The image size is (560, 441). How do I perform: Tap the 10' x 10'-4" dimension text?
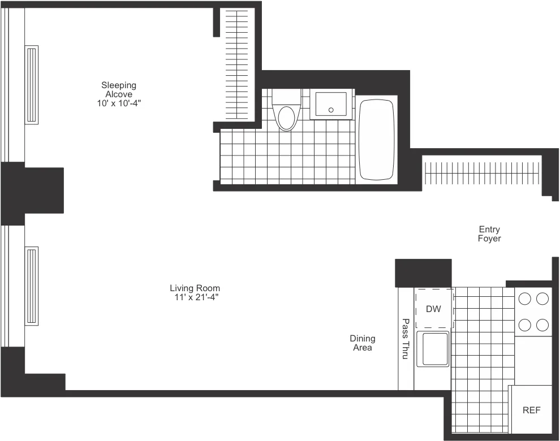coord(119,103)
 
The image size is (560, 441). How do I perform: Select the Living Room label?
coord(195,288)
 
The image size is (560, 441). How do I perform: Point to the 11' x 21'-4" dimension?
coord(195,297)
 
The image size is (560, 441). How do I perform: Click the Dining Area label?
coord(363,343)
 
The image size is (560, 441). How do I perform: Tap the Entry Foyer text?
coord(489,234)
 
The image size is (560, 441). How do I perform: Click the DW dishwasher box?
coord(434,309)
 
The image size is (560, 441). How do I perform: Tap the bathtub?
coord(376,140)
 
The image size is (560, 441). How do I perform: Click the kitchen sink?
coord(433,349)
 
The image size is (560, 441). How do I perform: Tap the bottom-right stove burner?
coord(543,325)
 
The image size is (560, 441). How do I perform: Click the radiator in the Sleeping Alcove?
coord(32,84)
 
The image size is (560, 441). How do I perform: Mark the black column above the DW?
coord(423,273)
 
